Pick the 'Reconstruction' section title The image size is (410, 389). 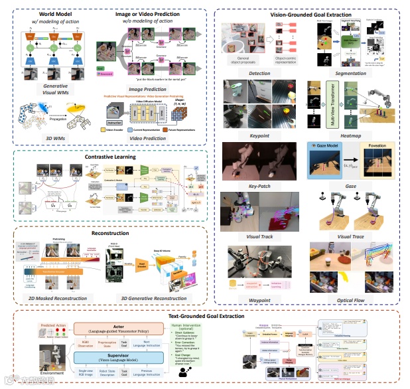point(110,234)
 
